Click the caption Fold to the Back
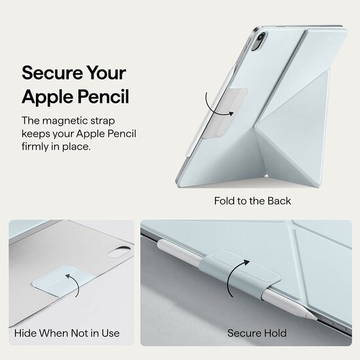252,201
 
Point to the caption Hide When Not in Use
67,333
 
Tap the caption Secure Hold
257,333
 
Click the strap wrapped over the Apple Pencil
240,274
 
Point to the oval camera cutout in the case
119,252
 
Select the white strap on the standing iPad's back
224,113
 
